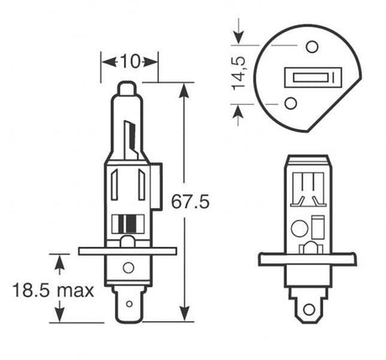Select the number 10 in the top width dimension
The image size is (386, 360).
click(129, 61)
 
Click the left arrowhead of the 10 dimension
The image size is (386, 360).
click(106, 61)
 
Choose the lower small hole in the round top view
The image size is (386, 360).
click(291, 103)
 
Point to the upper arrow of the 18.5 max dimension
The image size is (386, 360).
click(60, 263)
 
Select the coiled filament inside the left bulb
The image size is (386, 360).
click(127, 223)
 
